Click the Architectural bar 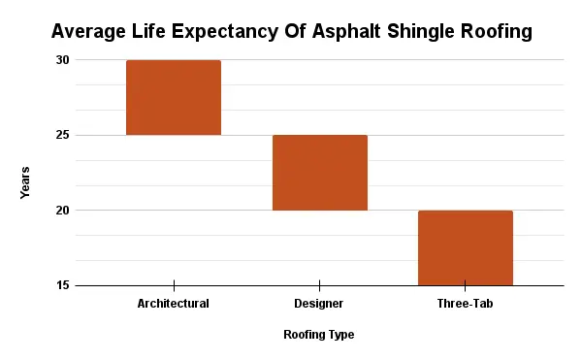coord(174,98)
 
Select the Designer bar coord(319,173)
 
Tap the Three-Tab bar coord(465,247)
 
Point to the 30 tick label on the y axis coord(62,60)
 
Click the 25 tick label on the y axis coord(62,135)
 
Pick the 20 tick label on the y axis coord(62,211)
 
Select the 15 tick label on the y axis coord(62,285)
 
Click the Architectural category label coord(174,304)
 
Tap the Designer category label coord(319,304)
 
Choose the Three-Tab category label coord(465,304)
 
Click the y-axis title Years coord(25,182)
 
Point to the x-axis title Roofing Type coord(318,335)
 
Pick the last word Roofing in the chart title coord(498,32)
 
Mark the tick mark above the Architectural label coord(174,285)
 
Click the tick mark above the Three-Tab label coord(465,285)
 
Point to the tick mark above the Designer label coord(319,285)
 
